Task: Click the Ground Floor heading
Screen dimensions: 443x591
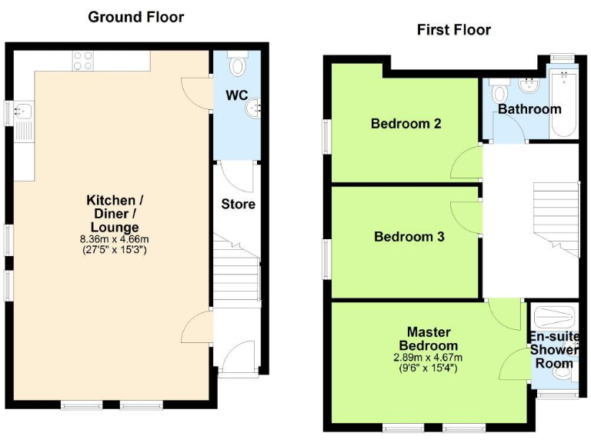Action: (x=136, y=17)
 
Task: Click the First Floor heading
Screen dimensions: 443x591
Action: (x=454, y=30)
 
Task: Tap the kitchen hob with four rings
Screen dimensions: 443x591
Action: (x=82, y=60)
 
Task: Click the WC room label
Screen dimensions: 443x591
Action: (x=235, y=96)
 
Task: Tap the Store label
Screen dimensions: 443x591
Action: (x=238, y=204)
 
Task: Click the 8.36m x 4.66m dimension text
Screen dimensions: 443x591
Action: (x=114, y=239)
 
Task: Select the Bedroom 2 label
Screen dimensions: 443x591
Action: (x=406, y=123)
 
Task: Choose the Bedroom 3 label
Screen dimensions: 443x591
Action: (x=409, y=237)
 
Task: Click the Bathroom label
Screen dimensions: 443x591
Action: (x=529, y=109)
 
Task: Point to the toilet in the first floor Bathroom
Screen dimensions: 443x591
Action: (x=499, y=92)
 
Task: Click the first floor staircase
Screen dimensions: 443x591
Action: (x=554, y=215)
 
